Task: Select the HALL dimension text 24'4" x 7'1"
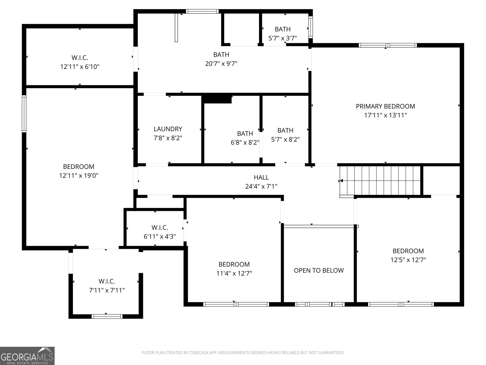pos(261,186)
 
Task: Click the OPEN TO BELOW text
pos(319,270)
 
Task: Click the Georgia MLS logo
pos(27,356)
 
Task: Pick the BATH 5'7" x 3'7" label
pos(282,33)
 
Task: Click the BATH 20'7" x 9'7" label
pos(221,59)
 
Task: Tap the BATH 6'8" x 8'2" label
pos(245,138)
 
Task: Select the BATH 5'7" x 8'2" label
pos(285,135)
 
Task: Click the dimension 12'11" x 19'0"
pos(79,176)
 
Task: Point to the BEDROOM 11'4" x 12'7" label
pos(234,269)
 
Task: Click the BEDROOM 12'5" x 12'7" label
pos(408,255)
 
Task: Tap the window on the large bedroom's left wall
pos(24,113)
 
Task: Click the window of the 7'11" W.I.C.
pos(107,316)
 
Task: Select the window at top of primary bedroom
pos(387,45)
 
